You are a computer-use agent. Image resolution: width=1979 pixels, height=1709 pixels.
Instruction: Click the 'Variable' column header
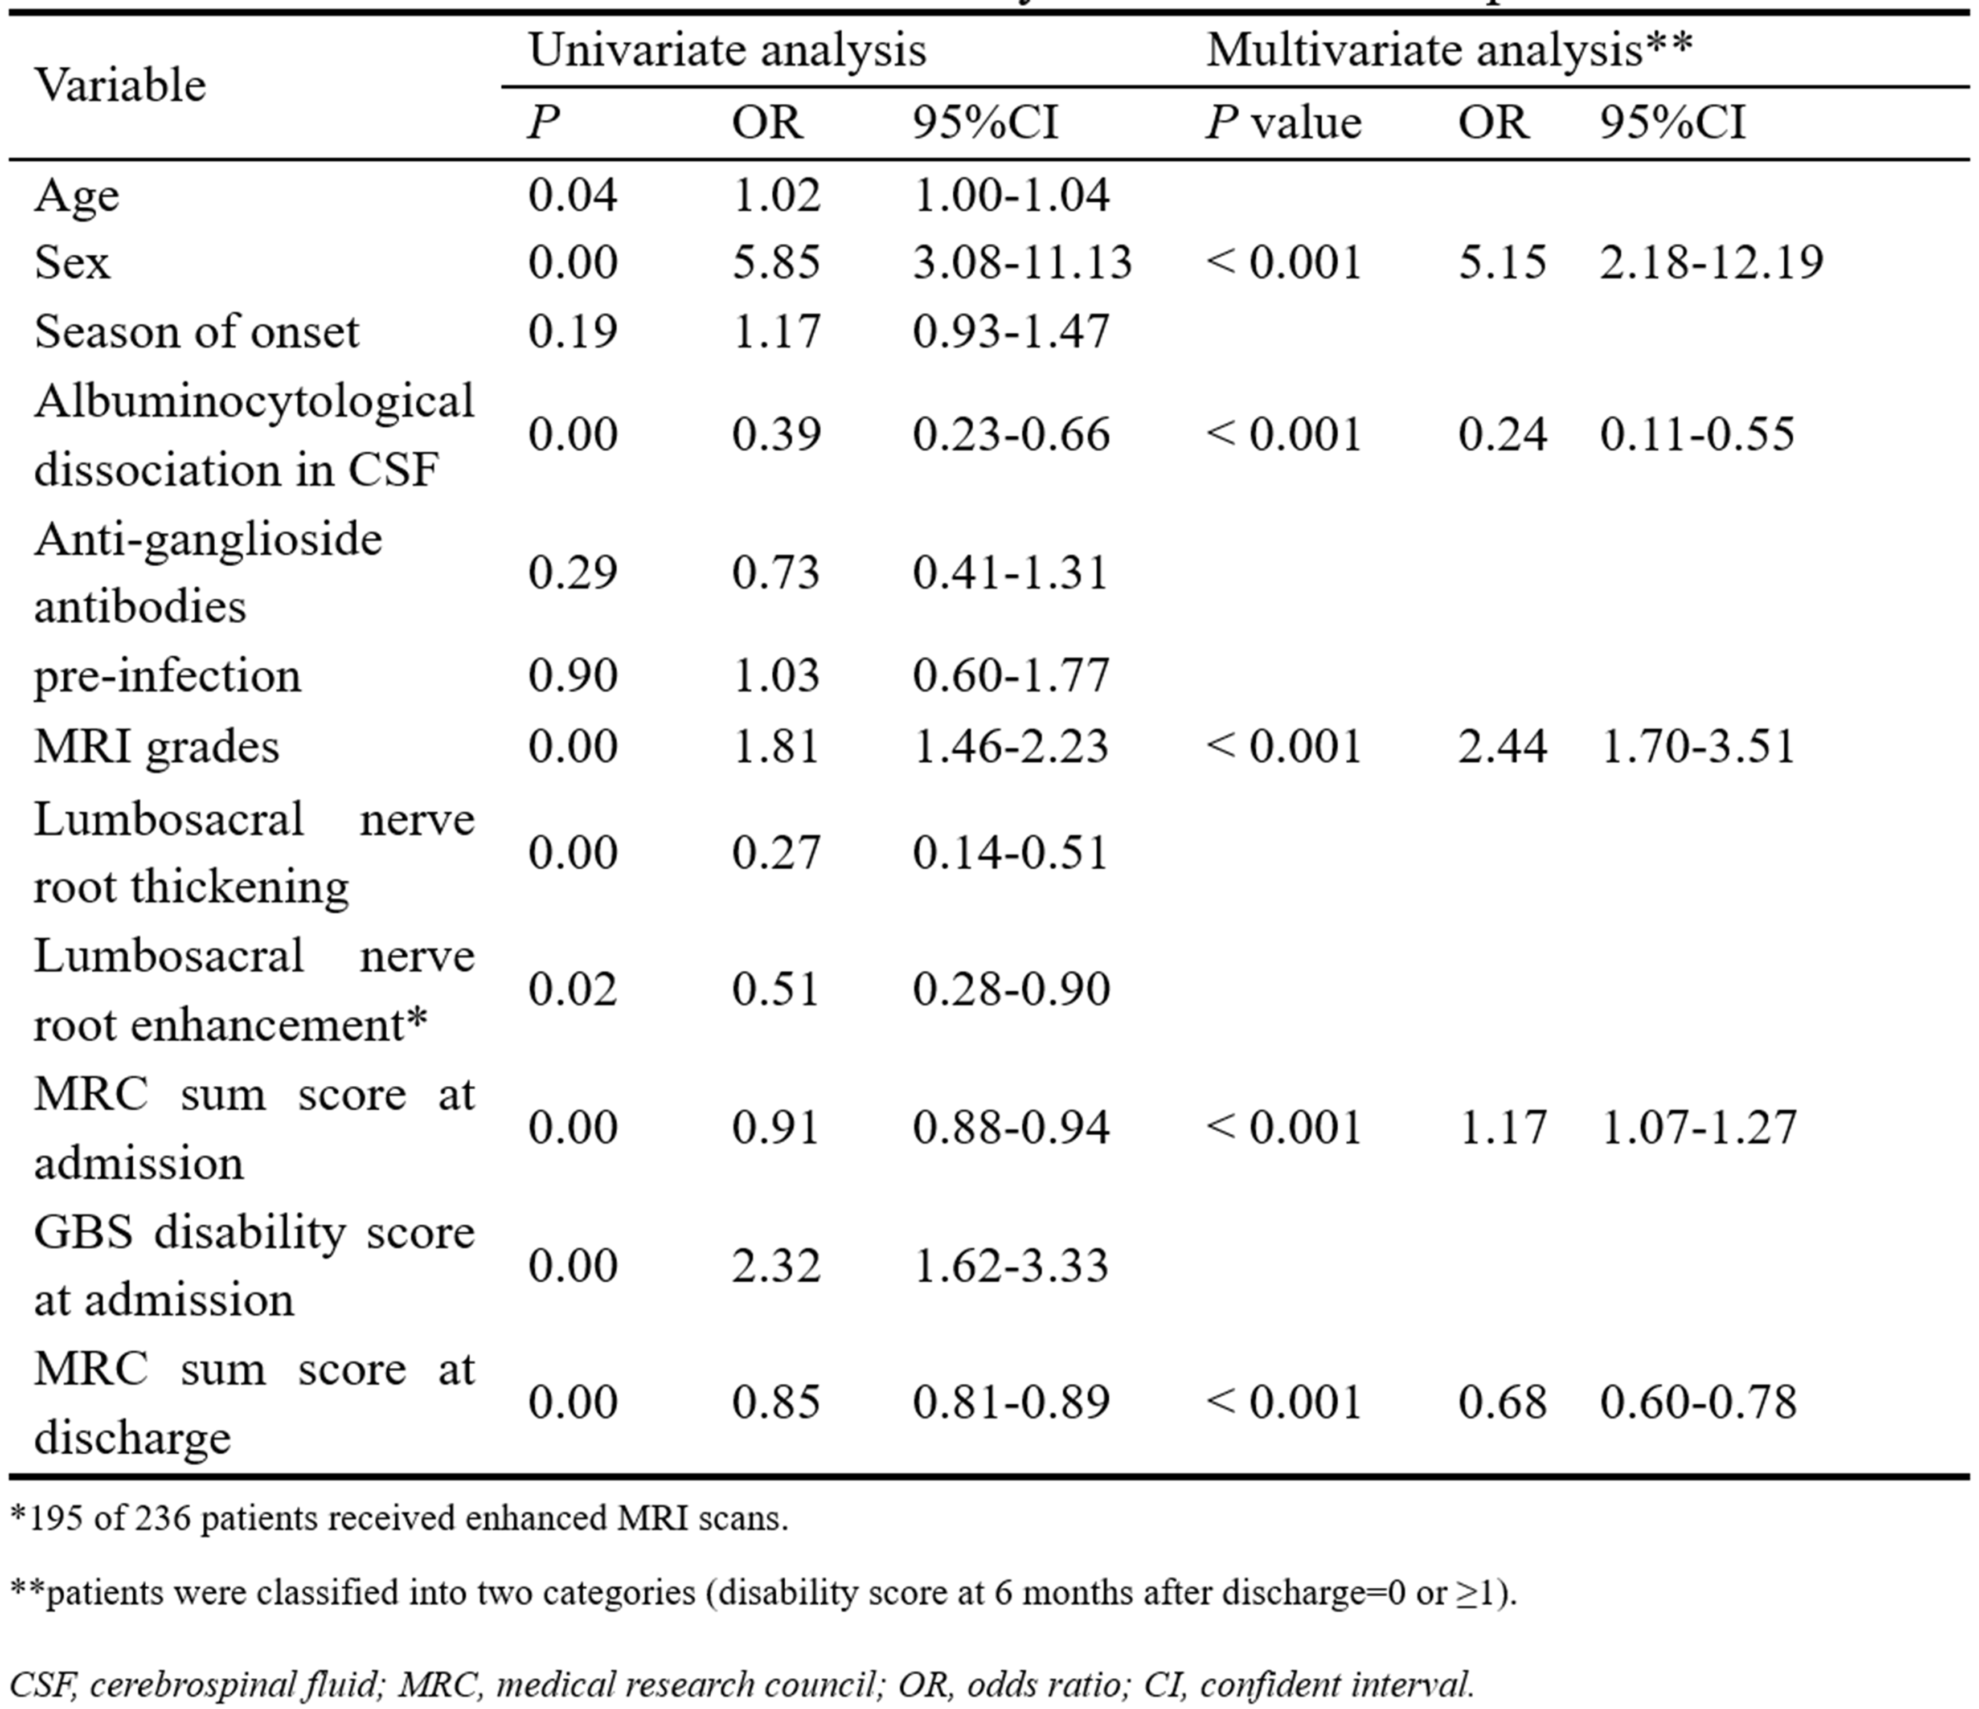pos(120,85)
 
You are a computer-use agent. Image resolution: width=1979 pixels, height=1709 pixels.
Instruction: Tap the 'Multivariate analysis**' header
pos(1448,50)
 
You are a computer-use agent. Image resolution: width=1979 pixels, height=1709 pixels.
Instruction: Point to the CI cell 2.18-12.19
pos(1711,261)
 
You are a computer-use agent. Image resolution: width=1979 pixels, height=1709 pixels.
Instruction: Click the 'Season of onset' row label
pos(196,332)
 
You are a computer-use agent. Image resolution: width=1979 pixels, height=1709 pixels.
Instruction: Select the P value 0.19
pos(572,332)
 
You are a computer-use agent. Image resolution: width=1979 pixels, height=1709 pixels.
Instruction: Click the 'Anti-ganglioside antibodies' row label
pos(208,572)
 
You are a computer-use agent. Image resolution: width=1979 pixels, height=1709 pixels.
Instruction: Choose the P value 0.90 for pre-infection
pos(572,676)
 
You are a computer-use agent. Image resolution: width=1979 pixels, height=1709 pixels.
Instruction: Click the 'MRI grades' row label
pos(157,746)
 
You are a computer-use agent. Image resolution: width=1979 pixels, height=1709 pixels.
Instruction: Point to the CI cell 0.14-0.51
pos(1010,852)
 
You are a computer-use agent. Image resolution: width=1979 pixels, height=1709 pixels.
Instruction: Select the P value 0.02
pos(572,989)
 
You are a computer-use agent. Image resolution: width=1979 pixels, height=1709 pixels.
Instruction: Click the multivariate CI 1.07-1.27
pos(1698,1127)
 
